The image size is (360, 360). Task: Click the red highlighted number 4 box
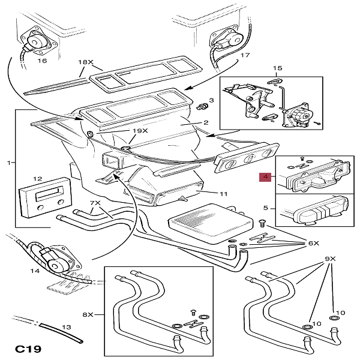[x=265, y=178]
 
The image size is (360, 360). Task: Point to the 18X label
[x=86, y=62]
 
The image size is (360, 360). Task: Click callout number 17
[x=244, y=55]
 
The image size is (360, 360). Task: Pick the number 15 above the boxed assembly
[x=277, y=69]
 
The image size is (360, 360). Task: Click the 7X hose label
[x=96, y=203]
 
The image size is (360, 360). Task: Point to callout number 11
[x=223, y=194]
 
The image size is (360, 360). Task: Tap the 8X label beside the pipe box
[x=88, y=314]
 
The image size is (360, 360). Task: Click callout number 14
[x=35, y=271]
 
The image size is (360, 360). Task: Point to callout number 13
[x=67, y=327]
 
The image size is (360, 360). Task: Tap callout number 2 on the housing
[x=205, y=123]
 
